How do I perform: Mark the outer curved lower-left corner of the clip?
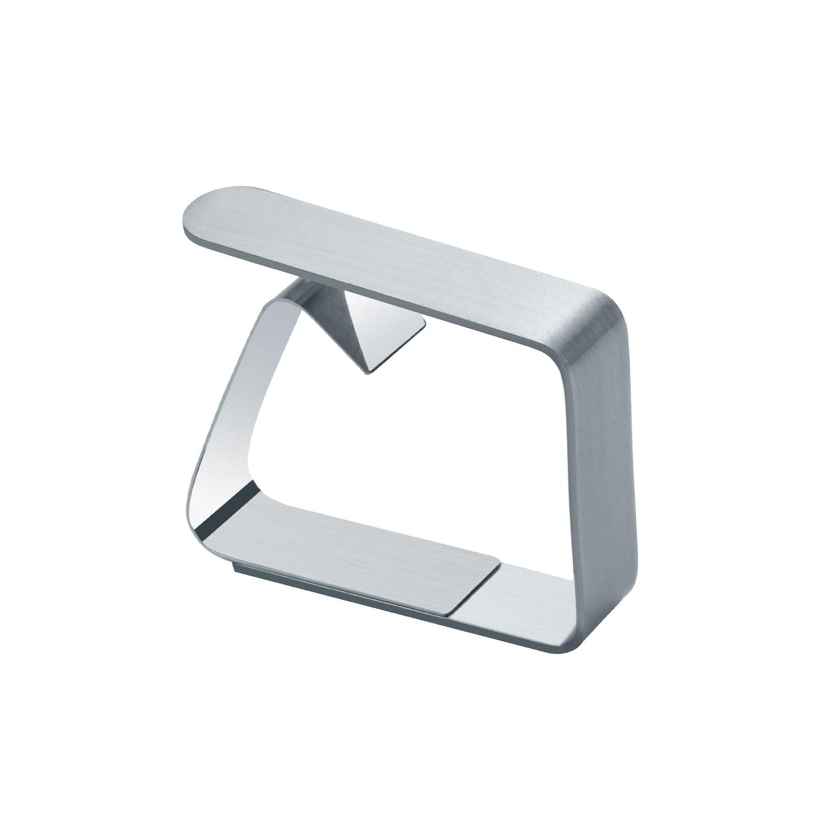196,518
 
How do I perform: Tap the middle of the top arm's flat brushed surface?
396,249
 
